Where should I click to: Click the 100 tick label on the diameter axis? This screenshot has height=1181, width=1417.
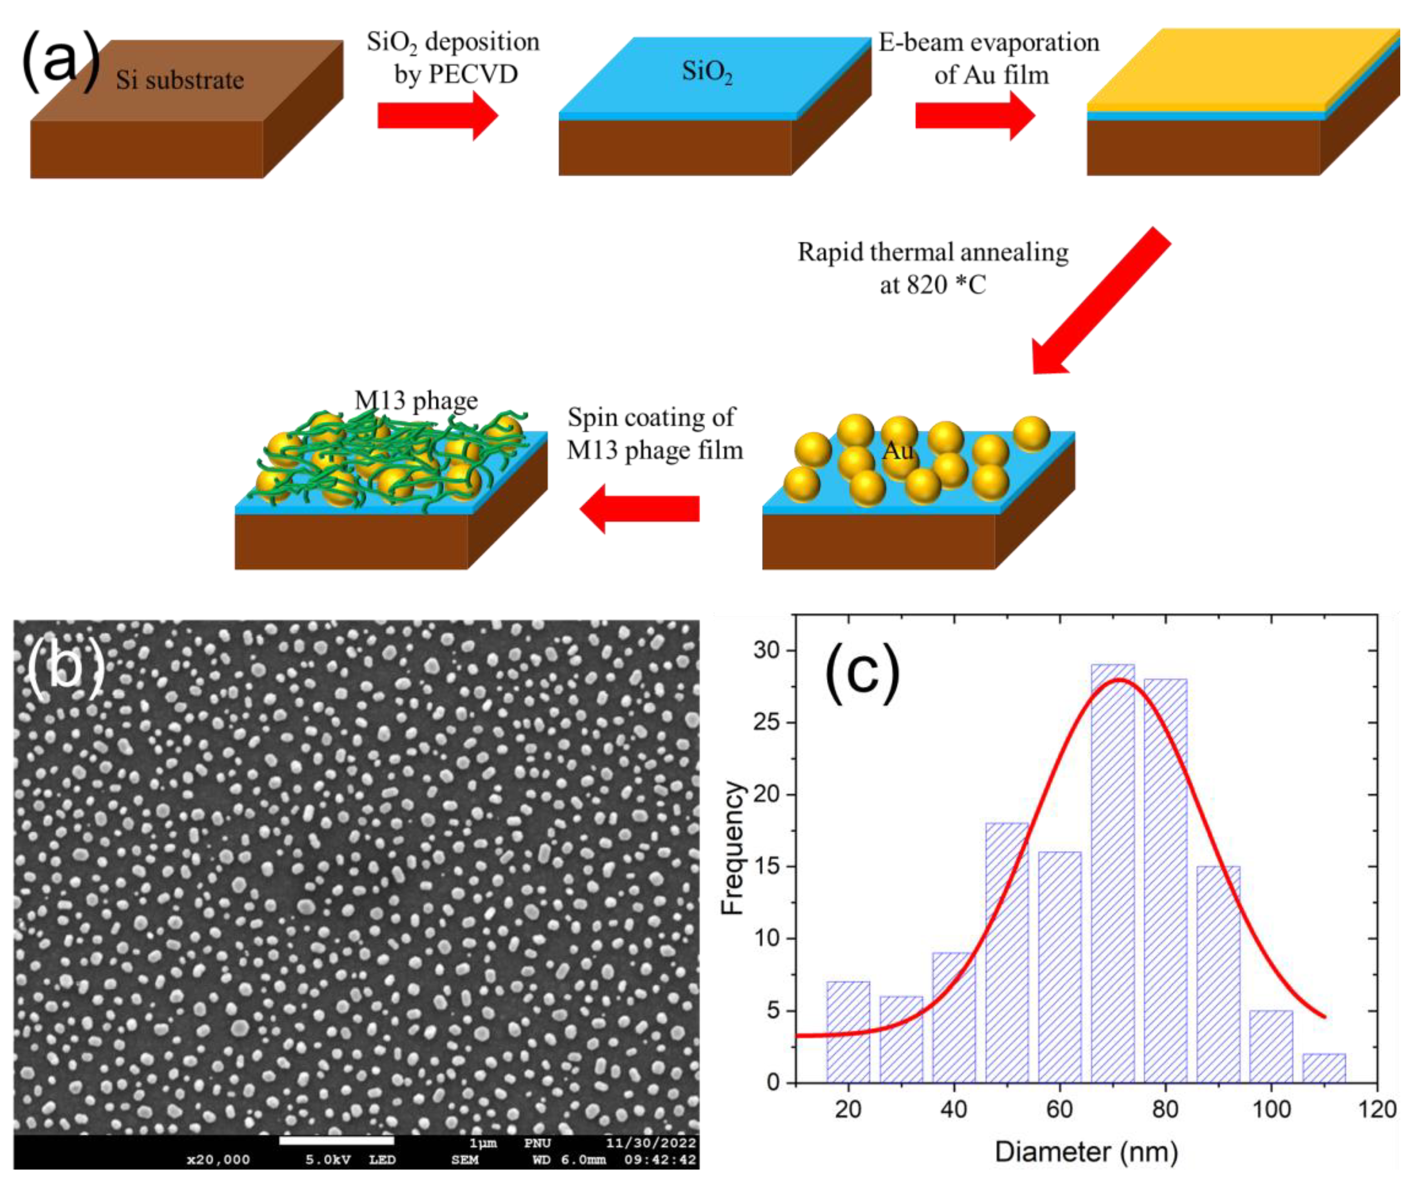tap(1271, 1109)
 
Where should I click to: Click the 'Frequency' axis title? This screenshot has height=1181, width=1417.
tap(732, 848)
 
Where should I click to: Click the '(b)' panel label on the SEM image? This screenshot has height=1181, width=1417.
tap(65, 668)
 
